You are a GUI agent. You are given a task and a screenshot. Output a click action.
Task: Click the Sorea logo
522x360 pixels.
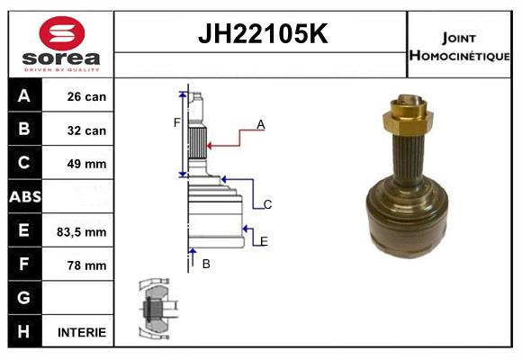coord(61,44)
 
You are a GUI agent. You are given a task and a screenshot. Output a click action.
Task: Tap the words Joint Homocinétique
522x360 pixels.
coord(459,46)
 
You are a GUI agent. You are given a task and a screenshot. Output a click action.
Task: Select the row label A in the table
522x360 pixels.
coord(24,96)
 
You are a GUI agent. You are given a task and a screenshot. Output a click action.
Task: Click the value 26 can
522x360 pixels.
coord(86,96)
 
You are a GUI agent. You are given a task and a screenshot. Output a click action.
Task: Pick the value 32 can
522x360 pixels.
coord(86,130)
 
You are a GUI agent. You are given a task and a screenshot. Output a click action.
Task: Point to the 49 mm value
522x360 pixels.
coord(86,164)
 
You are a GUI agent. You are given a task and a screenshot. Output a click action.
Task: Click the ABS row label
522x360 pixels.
coord(24,197)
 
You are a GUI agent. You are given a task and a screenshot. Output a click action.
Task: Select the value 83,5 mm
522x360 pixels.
coord(82,231)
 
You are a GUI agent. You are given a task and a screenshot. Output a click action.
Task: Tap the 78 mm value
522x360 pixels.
coord(86,265)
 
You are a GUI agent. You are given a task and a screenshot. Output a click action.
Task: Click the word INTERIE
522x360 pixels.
coord(82,332)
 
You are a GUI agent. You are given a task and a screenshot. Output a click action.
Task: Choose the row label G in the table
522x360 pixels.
coord(24,298)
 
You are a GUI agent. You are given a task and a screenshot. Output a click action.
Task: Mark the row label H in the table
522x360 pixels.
coord(24,332)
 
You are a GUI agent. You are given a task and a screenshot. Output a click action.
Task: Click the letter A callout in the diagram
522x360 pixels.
coord(261,125)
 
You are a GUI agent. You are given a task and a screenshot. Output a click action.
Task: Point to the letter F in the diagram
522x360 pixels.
coord(177,121)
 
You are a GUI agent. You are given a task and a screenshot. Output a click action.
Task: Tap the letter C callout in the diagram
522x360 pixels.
coord(267,205)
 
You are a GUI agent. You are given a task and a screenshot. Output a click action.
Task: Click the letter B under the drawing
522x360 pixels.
coord(206,264)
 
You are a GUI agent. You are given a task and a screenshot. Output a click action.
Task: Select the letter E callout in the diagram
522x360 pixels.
coord(263,241)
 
